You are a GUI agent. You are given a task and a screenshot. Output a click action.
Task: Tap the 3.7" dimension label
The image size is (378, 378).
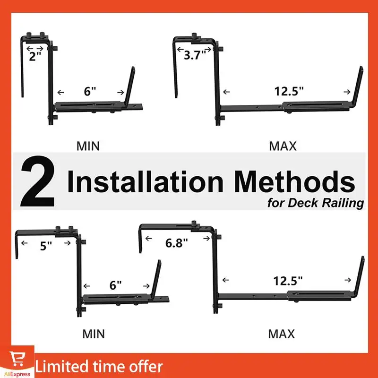click(195, 55)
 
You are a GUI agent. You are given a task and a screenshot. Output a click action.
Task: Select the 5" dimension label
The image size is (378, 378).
click(45, 246)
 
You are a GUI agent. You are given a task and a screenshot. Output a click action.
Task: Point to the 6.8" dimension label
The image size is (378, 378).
click(177, 243)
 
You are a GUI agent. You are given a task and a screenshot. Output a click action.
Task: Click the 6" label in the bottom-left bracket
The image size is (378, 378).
click(115, 285)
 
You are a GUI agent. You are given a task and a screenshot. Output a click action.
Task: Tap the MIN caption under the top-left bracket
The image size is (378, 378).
click(88, 146)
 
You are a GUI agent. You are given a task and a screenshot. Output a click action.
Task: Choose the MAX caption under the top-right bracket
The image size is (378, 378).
click(283, 146)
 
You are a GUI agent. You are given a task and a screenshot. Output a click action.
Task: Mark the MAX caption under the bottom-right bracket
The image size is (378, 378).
click(282, 334)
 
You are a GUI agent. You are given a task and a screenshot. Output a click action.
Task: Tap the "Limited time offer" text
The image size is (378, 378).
click(99, 366)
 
